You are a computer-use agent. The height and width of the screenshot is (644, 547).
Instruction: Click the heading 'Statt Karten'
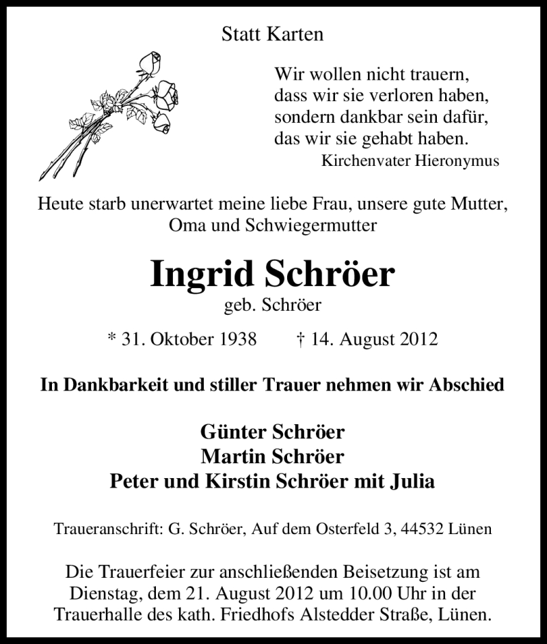(x=273, y=35)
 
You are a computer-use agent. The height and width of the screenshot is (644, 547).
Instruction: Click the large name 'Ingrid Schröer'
(x=272, y=273)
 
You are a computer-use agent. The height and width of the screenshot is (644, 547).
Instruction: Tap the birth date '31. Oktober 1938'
(x=189, y=339)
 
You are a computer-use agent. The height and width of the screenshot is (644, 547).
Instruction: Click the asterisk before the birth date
(x=111, y=337)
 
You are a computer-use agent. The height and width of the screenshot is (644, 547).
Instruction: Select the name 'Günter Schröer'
(x=273, y=432)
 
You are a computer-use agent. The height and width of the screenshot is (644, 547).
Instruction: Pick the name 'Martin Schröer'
(x=273, y=456)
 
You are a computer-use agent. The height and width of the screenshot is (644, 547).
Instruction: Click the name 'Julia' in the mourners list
(x=411, y=481)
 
